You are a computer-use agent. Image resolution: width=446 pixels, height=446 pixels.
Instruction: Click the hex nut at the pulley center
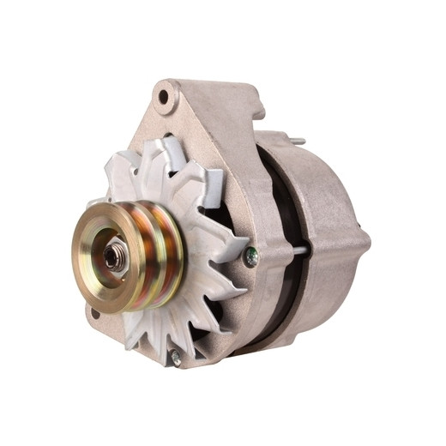114,255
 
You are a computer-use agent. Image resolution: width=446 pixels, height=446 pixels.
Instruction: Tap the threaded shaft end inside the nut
111,255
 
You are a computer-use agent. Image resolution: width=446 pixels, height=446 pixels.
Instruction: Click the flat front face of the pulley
97,274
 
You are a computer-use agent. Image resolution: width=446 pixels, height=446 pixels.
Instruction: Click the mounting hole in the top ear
166,98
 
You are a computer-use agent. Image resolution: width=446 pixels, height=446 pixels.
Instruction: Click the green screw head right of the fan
250,254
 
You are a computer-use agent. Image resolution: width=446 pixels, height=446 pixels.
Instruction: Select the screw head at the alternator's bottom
175,359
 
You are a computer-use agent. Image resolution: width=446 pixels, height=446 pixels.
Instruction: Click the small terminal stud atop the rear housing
296,140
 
